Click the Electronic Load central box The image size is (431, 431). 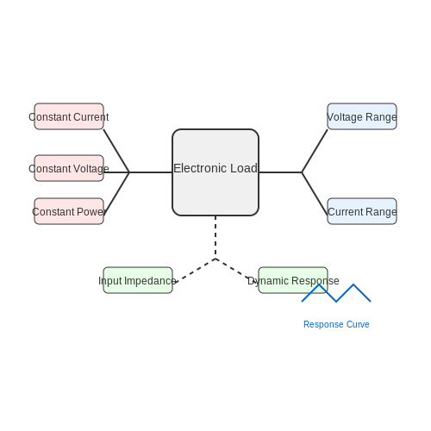tap(215, 172)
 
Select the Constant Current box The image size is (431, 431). tap(69, 116)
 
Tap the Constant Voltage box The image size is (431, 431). tap(69, 168)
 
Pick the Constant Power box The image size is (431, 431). tap(69, 211)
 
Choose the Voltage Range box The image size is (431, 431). tap(362, 116)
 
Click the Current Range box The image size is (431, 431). tap(362, 211)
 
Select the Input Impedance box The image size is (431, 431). tap(138, 280)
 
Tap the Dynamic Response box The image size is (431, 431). tap(293, 280)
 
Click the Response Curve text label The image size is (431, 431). tap(336, 324)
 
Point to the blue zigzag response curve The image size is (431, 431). tap(336, 301)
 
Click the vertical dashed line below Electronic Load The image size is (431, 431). tap(215, 237)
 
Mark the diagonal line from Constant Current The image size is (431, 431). tap(116, 151)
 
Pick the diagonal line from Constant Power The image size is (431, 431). tap(117, 192)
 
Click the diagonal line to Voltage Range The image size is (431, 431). tap(315, 151)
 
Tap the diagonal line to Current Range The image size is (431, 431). tap(315, 194)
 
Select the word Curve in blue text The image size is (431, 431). tap(358, 324)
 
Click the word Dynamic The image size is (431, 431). tap(268, 281)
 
